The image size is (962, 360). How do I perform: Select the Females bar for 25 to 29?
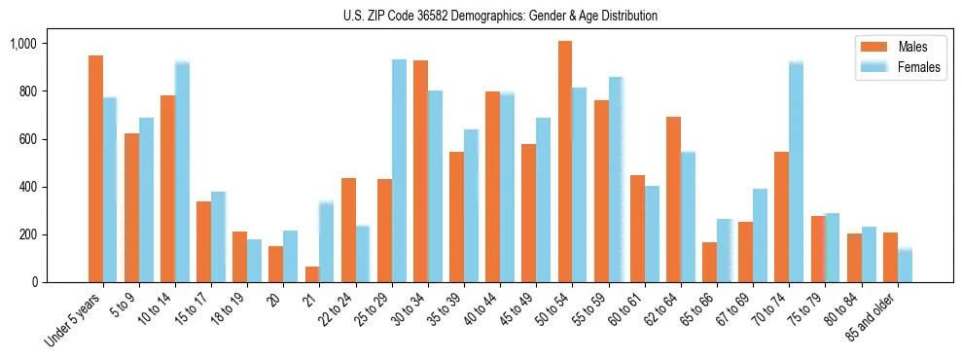pyautogui.click(x=399, y=171)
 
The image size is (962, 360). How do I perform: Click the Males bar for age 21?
pyautogui.click(x=312, y=274)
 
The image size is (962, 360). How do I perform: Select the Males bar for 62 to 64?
pyautogui.click(x=673, y=199)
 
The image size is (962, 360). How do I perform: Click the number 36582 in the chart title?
pyautogui.click(x=440, y=16)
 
